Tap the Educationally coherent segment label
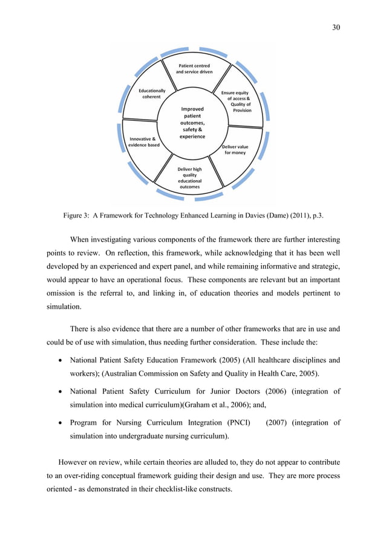click(x=151, y=94)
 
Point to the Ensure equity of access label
click(x=237, y=102)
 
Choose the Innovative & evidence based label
click(x=143, y=142)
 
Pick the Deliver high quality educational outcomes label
click(x=189, y=178)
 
